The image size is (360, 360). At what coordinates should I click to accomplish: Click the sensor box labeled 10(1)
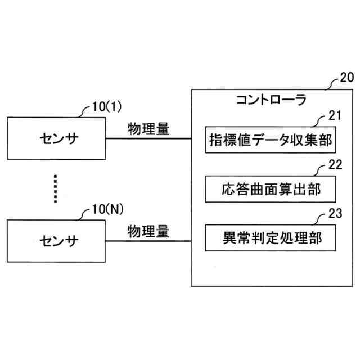tap(56, 137)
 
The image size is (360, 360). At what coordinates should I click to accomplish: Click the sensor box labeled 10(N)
tap(56, 241)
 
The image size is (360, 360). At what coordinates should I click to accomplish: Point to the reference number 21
tap(335, 116)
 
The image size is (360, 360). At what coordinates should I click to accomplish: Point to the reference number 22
tap(335, 166)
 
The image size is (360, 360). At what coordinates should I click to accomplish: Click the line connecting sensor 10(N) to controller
tap(148, 241)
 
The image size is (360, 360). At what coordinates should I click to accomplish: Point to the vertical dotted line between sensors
tap(55, 188)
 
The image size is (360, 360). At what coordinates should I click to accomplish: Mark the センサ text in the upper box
tap(56, 137)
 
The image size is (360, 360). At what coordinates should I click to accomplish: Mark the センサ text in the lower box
tap(56, 241)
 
